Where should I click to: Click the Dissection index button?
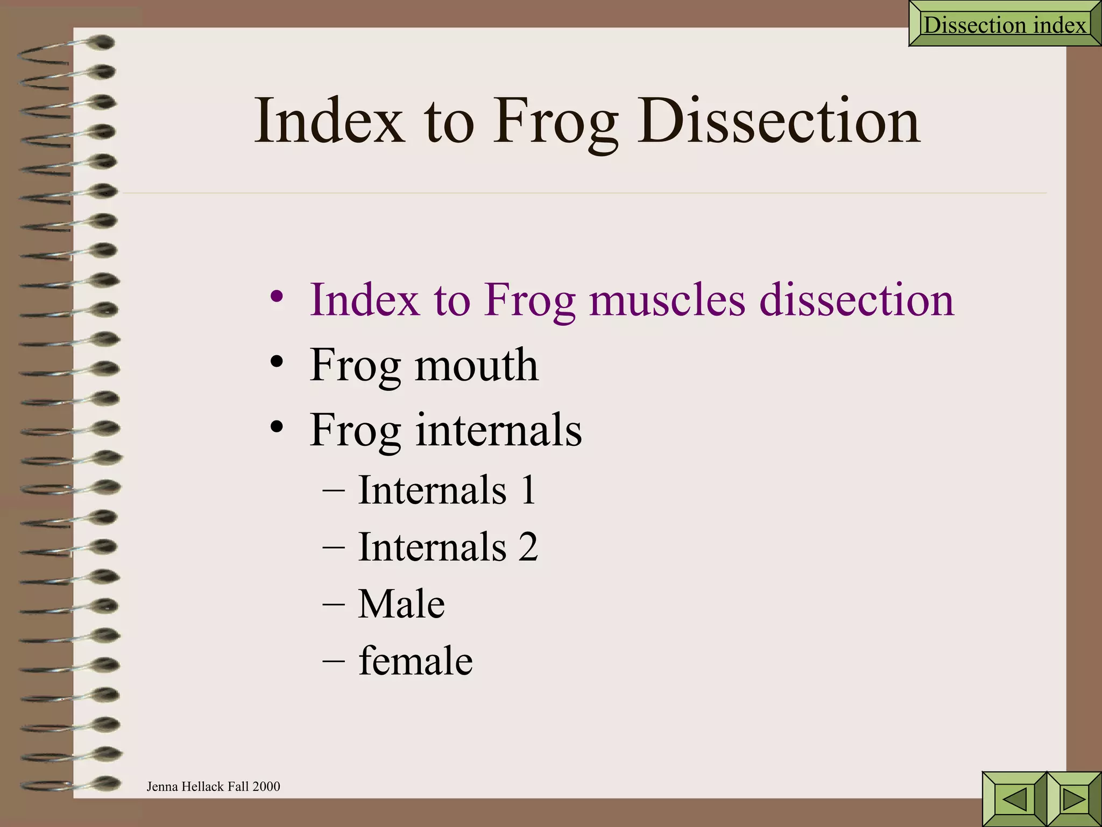click(x=1004, y=25)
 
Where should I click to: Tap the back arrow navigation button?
click(x=1014, y=799)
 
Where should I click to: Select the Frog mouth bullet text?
click(x=423, y=365)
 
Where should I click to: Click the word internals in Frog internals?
click(x=498, y=430)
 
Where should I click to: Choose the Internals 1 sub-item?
click(x=447, y=490)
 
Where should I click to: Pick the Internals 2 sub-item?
click(x=448, y=547)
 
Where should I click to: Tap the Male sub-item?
click(x=401, y=604)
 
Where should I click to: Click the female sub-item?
click(x=415, y=661)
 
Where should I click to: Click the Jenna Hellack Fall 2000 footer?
click(x=213, y=787)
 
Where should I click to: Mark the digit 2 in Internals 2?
click(x=528, y=547)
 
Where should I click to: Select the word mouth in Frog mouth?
click(x=476, y=365)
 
